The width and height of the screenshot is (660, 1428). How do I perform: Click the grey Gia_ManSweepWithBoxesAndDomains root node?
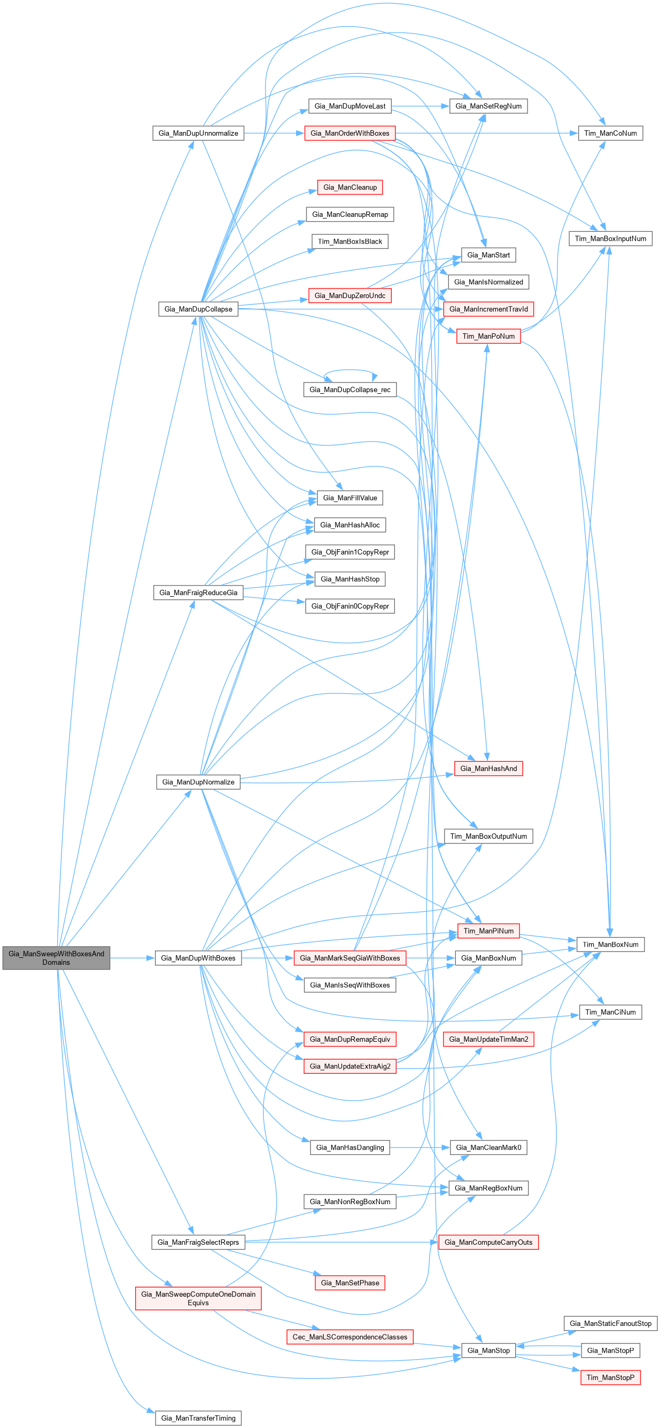pyautogui.click(x=56, y=957)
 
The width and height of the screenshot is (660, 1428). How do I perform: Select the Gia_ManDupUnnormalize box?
pyautogui.click(x=198, y=133)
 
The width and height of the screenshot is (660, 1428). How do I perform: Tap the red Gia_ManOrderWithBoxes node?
pyautogui.click(x=350, y=133)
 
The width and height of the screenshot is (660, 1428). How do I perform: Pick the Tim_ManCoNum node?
pyautogui.click(x=610, y=133)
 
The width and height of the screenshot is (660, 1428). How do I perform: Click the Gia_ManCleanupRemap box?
pyautogui.click(x=350, y=215)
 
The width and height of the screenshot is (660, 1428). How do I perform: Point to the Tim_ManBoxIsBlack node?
pyautogui.click(x=350, y=241)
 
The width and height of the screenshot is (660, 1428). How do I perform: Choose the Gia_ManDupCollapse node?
pyautogui.click(x=198, y=309)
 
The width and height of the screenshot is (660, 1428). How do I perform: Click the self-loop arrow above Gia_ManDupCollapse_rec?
pyautogui.click(x=351, y=371)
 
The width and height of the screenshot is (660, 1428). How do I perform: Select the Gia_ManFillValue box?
pyautogui.click(x=350, y=498)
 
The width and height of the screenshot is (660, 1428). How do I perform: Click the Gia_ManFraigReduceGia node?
pyautogui.click(x=198, y=592)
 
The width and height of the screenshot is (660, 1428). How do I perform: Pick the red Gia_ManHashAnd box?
pyautogui.click(x=488, y=768)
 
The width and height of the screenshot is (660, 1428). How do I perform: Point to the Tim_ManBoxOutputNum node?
pyautogui.click(x=488, y=836)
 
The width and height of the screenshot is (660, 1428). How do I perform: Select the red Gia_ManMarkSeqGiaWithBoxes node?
pyautogui.click(x=350, y=957)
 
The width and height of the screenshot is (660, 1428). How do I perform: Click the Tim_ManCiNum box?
pyautogui.click(x=610, y=1012)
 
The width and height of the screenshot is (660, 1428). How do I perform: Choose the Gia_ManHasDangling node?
pyautogui.click(x=350, y=1147)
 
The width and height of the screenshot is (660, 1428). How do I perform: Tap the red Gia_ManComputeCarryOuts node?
pyautogui.click(x=488, y=1242)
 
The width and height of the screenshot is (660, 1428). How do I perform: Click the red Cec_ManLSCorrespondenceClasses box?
pyautogui.click(x=350, y=1337)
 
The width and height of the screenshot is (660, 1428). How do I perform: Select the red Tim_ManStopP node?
pyautogui.click(x=610, y=1377)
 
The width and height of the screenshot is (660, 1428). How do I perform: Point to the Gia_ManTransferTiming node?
pyautogui.click(x=198, y=1418)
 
